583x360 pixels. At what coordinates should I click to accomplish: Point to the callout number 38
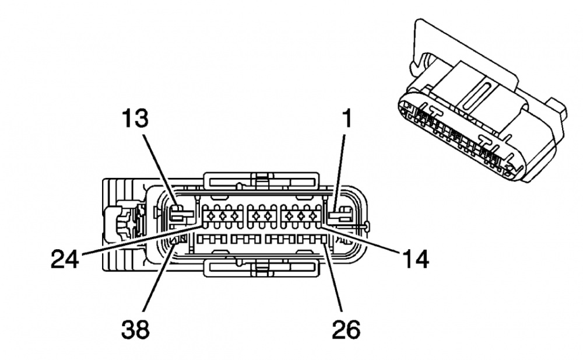pos(135,330)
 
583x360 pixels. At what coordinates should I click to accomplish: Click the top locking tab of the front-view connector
pos(260,180)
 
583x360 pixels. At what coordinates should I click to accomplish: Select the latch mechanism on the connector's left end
pos(124,223)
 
